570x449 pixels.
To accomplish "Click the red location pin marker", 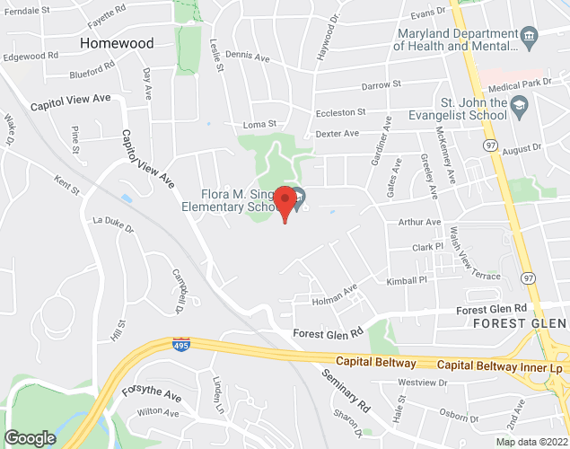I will [285, 203].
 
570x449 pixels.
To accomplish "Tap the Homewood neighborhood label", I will [117, 43].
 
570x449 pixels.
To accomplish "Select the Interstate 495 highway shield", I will [181, 344].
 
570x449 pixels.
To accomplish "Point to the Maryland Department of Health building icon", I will [530, 37].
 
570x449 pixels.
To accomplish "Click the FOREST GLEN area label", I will [520, 323].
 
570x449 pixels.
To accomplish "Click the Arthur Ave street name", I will [420, 222].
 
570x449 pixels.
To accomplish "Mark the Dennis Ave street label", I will [248, 56].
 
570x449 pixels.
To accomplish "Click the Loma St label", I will [259, 125].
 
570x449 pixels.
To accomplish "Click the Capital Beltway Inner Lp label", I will [500, 366].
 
